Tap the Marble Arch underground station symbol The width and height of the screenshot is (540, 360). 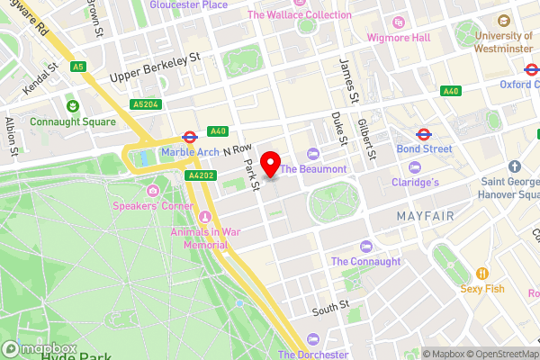tap(189, 138)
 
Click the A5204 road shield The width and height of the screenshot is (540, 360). tap(144, 104)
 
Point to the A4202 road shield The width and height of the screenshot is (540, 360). tap(200, 175)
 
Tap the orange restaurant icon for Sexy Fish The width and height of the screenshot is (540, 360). tap(482, 274)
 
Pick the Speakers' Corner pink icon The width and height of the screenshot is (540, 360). tap(153, 191)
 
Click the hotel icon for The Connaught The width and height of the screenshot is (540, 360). tap(365, 247)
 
